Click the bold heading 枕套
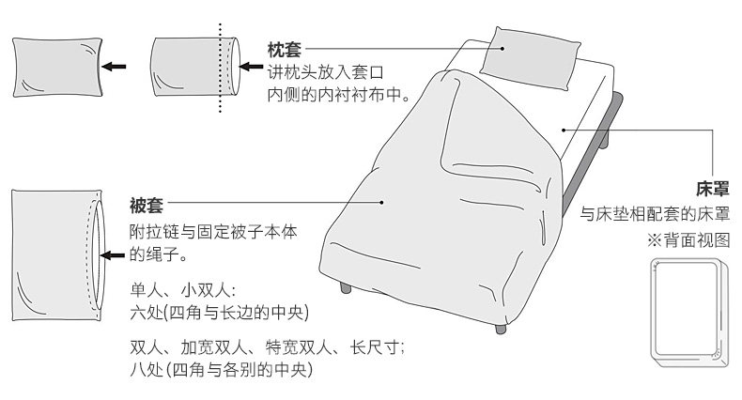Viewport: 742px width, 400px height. tap(285, 48)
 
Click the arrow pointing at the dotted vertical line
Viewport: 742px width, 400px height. tap(252, 68)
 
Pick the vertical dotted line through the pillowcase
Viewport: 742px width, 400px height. tap(221, 68)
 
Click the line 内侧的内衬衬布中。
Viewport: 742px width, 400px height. tap(335, 94)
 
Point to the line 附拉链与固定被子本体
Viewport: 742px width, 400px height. tap(214, 231)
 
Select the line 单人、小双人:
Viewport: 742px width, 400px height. tap(183, 289)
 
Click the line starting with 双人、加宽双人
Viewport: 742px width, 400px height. tap(268, 347)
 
